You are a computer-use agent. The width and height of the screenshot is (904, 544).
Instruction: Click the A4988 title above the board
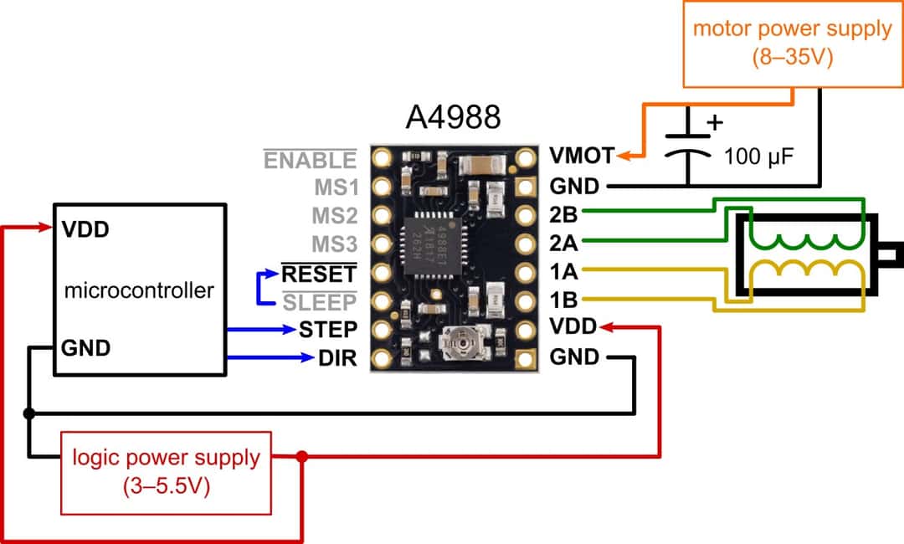[453, 116]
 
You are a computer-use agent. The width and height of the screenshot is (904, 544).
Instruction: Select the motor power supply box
[792, 43]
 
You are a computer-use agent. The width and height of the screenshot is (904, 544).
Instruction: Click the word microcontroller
[139, 291]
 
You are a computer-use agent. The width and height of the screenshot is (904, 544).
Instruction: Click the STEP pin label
[328, 328]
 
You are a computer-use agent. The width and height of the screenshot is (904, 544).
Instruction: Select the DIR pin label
[336, 358]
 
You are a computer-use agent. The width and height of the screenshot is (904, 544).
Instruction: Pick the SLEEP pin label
[318, 301]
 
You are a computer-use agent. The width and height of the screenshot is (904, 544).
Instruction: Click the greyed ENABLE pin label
[310, 160]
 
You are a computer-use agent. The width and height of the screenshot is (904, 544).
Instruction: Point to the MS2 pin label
[335, 216]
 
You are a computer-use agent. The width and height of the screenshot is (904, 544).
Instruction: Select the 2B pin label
[563, 213]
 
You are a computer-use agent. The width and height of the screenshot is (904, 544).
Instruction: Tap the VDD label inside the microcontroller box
[85, 228]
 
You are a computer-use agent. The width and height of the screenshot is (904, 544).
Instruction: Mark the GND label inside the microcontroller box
[85, 347]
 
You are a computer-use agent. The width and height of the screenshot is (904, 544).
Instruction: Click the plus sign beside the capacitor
[714, 123]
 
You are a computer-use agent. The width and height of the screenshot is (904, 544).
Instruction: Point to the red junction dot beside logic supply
[302, 457]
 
